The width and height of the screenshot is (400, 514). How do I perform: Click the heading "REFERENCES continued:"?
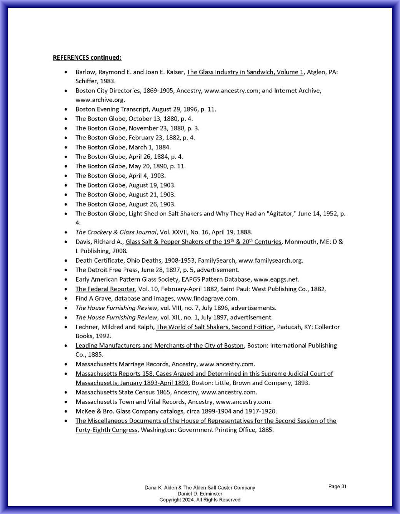(87, 58)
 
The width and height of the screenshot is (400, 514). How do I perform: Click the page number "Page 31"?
(337, 487)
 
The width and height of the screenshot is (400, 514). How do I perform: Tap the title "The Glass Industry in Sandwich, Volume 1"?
(245, 72)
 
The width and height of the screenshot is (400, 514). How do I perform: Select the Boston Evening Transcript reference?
(145, 109)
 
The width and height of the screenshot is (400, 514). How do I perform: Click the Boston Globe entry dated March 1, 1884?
(123, 147)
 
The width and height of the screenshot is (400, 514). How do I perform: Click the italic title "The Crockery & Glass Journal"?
(116, 232)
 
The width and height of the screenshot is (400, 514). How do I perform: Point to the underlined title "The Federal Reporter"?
(105, 289)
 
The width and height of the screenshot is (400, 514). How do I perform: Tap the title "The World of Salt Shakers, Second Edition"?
(215, 327)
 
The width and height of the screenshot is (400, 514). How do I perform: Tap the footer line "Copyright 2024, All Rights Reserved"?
(200, 500)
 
